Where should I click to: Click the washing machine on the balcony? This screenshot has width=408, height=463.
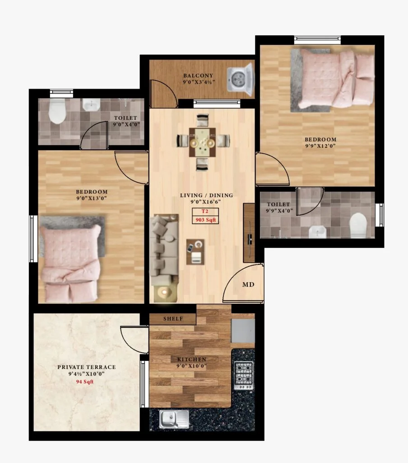click(240, 79)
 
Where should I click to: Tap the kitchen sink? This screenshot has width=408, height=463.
click(174, 419)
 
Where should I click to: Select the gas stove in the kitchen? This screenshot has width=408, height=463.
click(244, 376)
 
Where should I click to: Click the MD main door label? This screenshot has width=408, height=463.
click(248, 284)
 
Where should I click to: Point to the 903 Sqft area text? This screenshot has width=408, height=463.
click(205, 220)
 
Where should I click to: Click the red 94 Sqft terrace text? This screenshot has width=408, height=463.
click(84, 382)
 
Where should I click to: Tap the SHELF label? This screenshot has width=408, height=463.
click(173, 319)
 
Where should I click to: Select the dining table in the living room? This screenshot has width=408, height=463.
click(202, 142)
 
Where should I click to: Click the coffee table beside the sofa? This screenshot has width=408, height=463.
click(195, 251)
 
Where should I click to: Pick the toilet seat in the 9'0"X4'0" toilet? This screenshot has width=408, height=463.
click(57, 111)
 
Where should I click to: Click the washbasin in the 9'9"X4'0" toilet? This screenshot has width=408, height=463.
click(317, 232)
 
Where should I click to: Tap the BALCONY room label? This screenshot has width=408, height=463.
click(198, 76)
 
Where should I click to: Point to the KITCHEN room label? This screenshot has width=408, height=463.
click(192, 359)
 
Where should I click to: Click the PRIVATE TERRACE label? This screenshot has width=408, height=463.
click(86, 367)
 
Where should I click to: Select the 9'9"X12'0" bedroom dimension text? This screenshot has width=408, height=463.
click(320, 146)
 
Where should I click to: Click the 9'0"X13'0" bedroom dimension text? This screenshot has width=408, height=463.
click(91, 198)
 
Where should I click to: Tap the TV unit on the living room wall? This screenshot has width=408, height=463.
click(249, 233)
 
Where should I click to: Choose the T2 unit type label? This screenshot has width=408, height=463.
click(205, 212)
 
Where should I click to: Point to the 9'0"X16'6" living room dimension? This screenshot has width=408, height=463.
click(205, 202)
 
